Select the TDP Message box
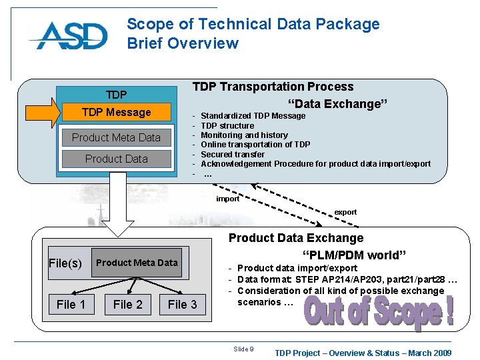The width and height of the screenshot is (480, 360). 116,112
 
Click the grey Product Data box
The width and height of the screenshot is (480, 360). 116,159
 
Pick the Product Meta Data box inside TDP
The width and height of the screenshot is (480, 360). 116,137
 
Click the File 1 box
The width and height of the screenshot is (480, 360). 71,305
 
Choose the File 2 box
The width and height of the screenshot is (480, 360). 128,305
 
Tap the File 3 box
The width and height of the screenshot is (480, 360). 182,305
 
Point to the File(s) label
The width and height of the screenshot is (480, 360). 65,263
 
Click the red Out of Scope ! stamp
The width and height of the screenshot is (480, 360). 379,312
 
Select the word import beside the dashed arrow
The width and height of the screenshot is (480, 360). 228,199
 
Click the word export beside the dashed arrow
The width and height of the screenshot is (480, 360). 345,212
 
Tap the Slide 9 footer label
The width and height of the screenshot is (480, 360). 243,349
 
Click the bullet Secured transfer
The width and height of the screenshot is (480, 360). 233,154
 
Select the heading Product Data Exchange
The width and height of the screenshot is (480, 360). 296,238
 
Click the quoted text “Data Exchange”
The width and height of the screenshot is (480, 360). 337,104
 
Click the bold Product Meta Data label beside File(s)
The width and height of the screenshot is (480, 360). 137,263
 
